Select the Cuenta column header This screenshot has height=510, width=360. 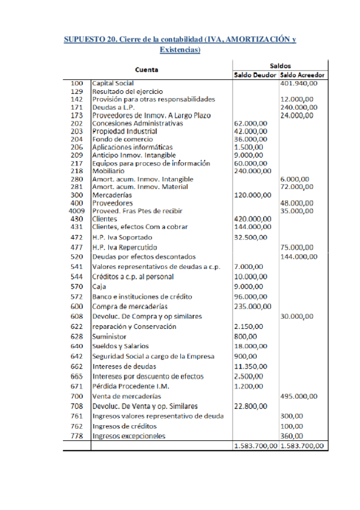pyautogui.click(x=147, y=69)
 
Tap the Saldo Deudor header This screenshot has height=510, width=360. pyautogui.click(x=255, y=75)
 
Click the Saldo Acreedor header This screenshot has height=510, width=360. pyautogui.click(x=303, y=75)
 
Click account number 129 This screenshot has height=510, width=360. pyautogui.click(x=76, y=91)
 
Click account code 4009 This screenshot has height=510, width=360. pyautogui.click(x=75, y=211)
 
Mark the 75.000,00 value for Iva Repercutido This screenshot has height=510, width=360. pyautogui.click(x=296, y=247)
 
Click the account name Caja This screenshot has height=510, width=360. pyautogui.click(x=99, y=287)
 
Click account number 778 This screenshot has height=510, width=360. pyautogui.click(x=76, y=436)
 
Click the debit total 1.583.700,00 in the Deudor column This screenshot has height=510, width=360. pyautogui.click(x=255, y=446)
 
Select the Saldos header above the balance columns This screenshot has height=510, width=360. pyautogui.click(x=279, y=64)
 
